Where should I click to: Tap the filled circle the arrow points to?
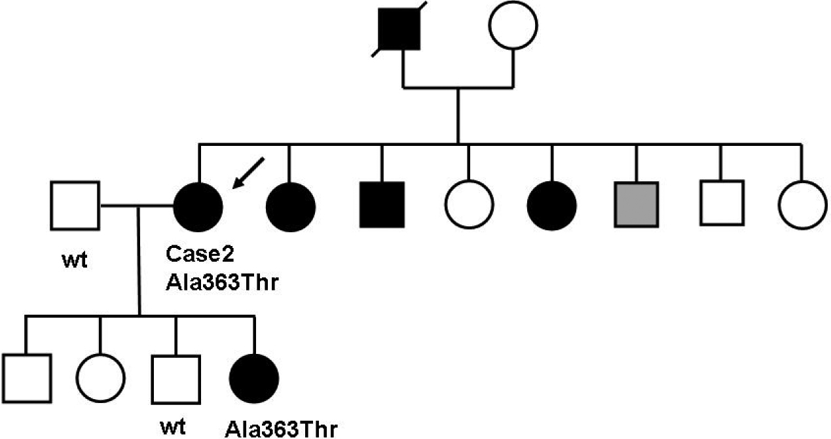pos(198,206)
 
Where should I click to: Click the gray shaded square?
pos(635,205)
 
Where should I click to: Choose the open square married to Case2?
pos(75,205)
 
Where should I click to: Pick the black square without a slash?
pos(382,205)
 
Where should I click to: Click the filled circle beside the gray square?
pos(551,205)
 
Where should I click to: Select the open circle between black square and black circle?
pos(468,205)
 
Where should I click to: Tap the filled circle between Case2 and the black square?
pos(291,205)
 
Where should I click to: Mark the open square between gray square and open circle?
pos(721,205)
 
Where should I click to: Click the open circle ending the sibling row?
pos(805,205)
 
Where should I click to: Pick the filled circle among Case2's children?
pos(255,378)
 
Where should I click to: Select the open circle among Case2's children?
pos(100,378)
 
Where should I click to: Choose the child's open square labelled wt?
pos(175,378)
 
